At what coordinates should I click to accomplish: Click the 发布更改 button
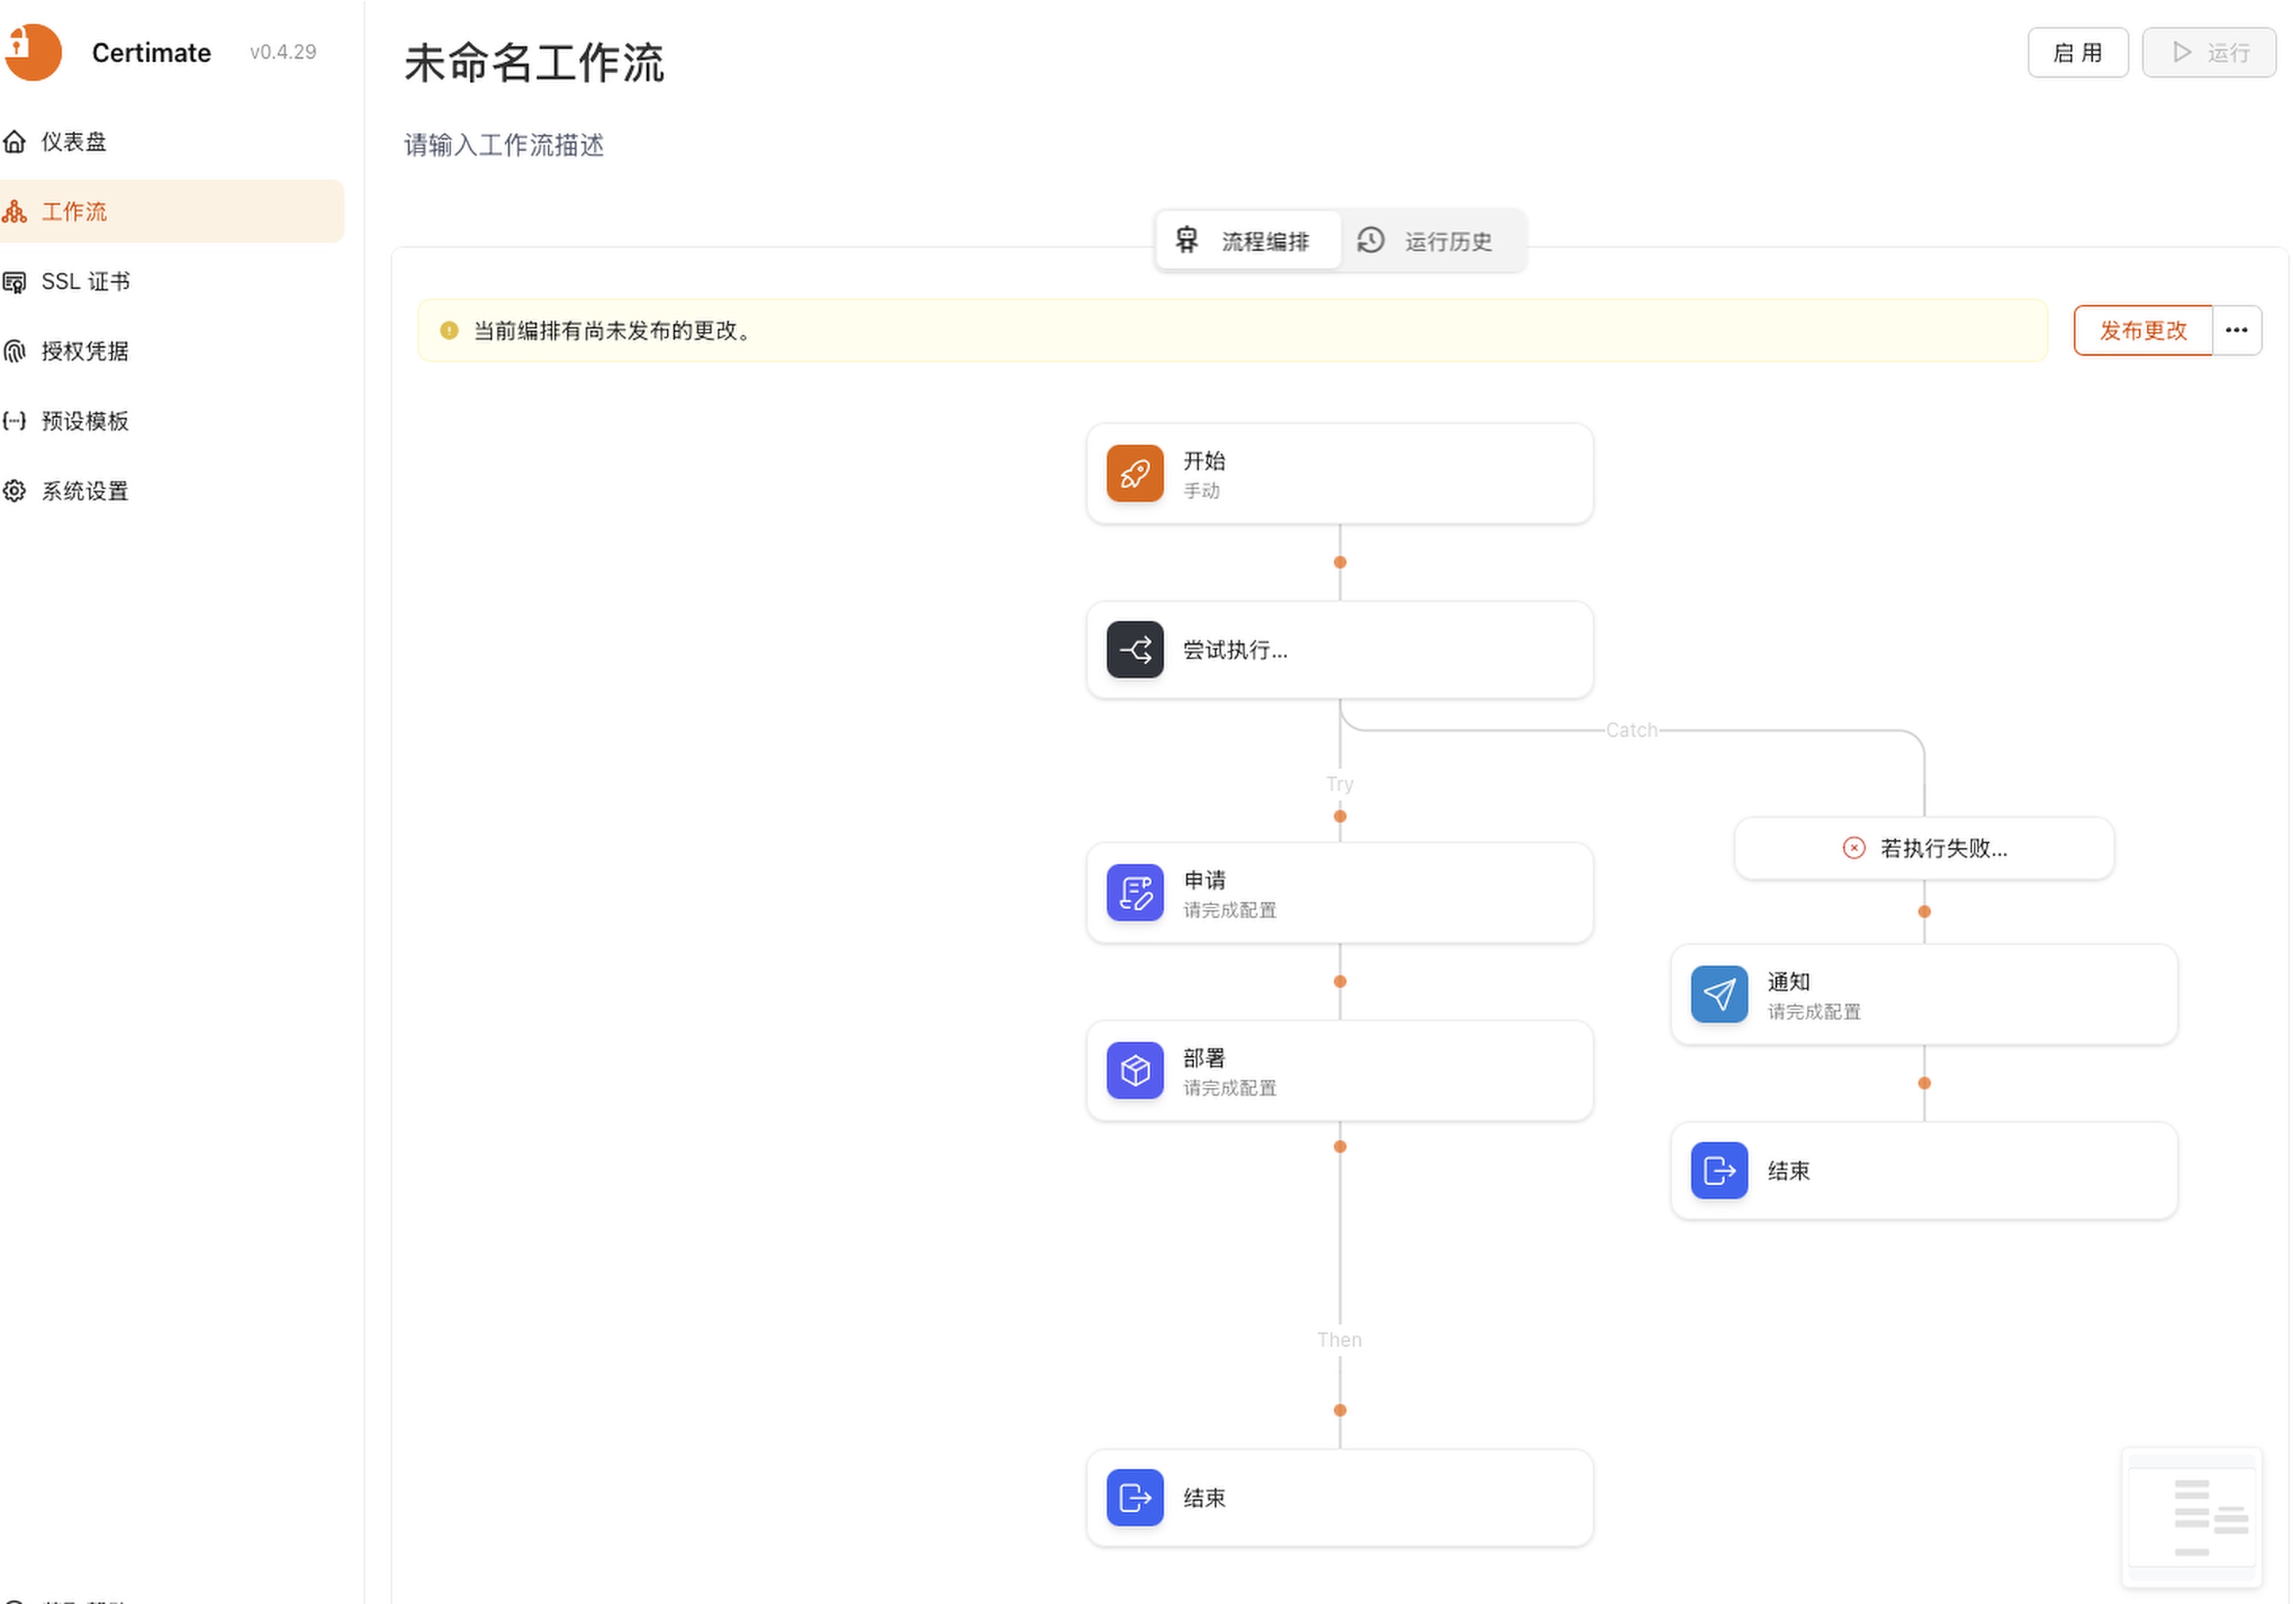[x=2142, y=330]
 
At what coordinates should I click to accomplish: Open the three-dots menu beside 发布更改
[x=2237, y=330]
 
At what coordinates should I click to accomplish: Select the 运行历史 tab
[x=1425, y=241]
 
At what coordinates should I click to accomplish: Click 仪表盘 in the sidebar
[x=73, y=142]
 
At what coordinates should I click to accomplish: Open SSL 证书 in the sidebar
[x=85, y=282]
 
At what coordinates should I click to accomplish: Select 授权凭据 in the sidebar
[x=85, y=352]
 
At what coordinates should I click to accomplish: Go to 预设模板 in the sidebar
[x=85, y=422]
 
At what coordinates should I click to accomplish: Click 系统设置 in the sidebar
[x=85, y=492]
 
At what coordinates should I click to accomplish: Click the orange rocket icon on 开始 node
[x=1135, y=473]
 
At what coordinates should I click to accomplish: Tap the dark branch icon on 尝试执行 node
[x=1135, y=650]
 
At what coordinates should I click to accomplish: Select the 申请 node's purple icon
[x=1135, y=893]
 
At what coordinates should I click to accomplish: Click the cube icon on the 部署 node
[x=1135, y=1070]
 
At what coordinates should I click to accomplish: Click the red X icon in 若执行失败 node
[x=1854, y=848]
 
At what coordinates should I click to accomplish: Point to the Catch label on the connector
[x=1632, y=730]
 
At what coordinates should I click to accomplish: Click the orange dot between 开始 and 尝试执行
[x=1340, y=562]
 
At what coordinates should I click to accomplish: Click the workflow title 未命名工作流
[x=534, y=62]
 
